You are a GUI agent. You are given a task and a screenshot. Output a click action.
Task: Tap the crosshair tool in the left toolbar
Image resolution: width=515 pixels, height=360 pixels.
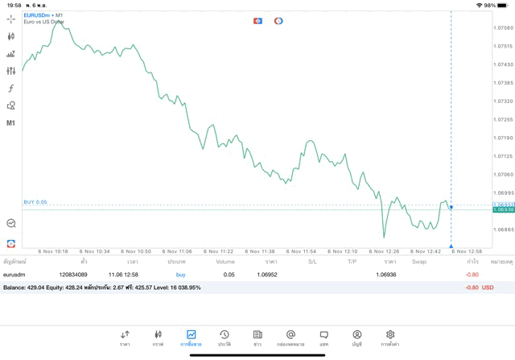11,19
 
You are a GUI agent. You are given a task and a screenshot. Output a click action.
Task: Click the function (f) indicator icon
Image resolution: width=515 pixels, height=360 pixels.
11,89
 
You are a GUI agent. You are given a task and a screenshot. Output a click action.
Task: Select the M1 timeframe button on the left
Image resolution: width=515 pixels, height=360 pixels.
11,123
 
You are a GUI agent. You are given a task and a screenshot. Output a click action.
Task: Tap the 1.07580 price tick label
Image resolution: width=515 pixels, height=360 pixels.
502,28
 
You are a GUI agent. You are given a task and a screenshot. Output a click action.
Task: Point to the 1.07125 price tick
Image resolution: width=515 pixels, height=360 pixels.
502,156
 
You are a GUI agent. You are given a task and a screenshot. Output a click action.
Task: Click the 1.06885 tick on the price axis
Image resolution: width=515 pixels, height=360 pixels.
502,230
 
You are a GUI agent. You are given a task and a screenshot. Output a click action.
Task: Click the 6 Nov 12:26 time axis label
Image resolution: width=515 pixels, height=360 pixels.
385,250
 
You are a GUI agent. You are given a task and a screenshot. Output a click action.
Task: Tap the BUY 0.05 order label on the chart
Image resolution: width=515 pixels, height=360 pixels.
35,202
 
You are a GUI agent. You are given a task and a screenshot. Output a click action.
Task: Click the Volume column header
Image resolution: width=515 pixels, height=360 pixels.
225,262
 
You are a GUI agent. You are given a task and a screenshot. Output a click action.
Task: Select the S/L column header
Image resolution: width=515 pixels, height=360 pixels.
313,262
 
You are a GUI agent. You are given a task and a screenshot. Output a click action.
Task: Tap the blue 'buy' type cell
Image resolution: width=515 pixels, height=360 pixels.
181,275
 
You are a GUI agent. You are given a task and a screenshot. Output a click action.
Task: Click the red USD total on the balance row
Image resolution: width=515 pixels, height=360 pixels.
488,288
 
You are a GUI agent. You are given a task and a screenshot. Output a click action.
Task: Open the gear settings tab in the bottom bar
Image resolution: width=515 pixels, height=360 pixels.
390,337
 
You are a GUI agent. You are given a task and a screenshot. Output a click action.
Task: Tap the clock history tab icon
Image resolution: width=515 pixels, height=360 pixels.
225,337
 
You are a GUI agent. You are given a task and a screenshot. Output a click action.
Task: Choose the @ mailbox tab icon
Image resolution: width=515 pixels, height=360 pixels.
290,337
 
